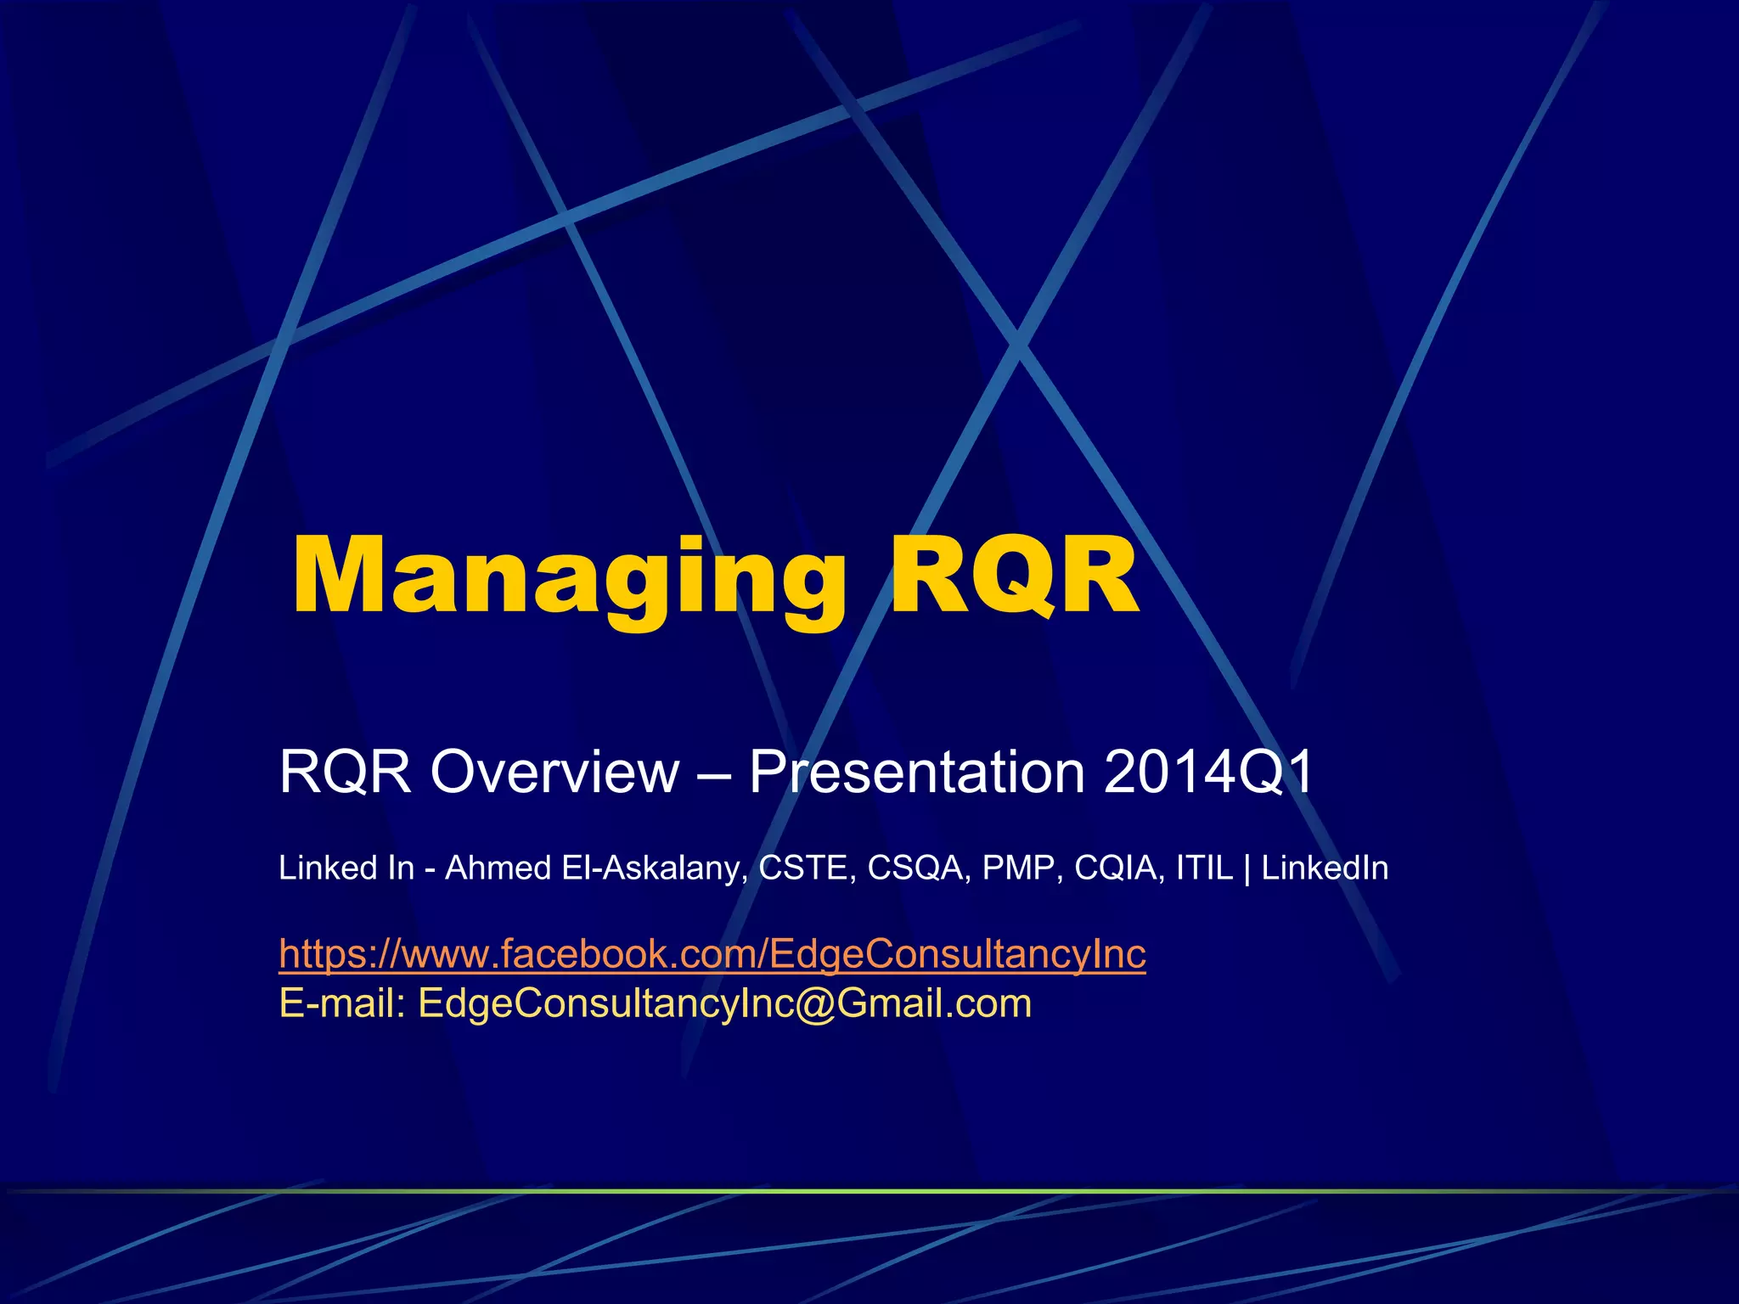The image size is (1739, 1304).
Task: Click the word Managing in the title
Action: pos(569,577)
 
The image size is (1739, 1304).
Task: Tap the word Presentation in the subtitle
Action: pos(917,772)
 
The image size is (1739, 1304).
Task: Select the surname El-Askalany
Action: pos(654,868)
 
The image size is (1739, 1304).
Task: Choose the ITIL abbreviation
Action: pos(1203,868)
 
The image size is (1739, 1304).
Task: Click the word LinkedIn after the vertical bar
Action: pos(1325,868)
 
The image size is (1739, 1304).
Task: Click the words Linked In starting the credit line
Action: pos(346,868)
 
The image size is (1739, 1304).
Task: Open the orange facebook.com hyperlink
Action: pos(712,954)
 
